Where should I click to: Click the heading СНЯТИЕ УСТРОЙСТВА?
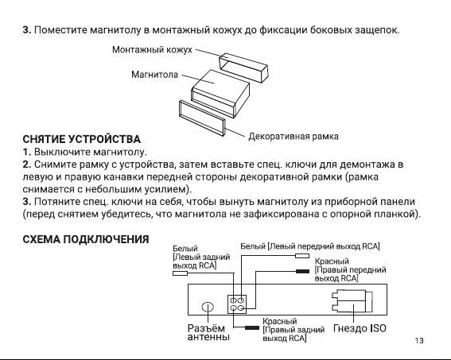point(81,139)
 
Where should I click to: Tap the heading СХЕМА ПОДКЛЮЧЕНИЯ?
point(86,239)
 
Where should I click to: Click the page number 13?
point(419,340)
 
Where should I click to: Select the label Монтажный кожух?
point(152,50)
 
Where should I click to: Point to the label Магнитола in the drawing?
point(155,75)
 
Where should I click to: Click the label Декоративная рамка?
point(294,136)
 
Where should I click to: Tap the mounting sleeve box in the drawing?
point(244,68)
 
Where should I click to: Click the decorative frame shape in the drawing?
point(201,118)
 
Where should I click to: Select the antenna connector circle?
point(208,307)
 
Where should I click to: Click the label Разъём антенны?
point(208,332)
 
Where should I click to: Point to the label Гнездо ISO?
point(360,328)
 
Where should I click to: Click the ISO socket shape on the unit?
point(352,301)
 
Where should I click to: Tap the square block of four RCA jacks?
point(237,304)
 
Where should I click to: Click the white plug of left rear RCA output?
point(180,273)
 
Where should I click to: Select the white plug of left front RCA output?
point(302,256)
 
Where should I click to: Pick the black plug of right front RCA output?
point(302,271)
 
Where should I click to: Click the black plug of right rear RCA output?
point(252,327)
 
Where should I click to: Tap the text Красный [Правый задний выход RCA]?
point(294,330)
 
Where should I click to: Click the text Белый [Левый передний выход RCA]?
point(310,246)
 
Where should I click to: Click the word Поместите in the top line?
point(61,30)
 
